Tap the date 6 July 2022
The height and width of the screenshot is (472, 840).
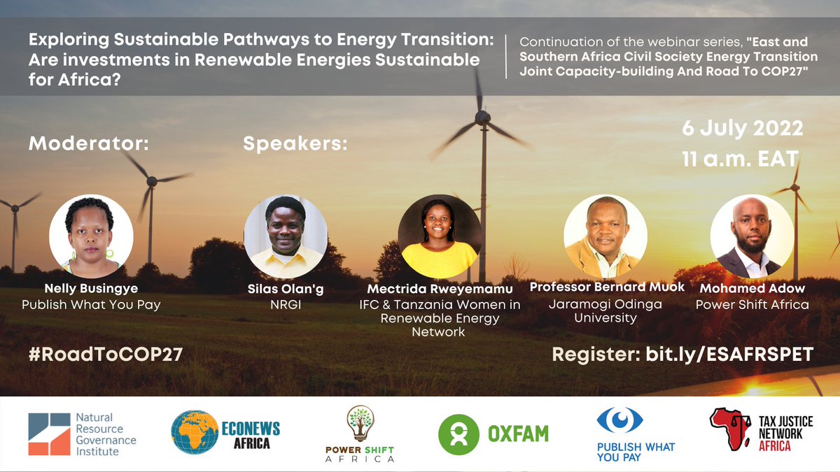coord(742,129)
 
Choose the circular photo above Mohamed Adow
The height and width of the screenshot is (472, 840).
coord(752,236)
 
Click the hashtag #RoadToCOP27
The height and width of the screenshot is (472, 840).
coord(106,355)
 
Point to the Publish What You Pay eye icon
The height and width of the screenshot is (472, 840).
coord(619,420)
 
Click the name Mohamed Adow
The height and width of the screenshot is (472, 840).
coord(750,288)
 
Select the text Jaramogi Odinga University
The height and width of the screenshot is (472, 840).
coord(606,310)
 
